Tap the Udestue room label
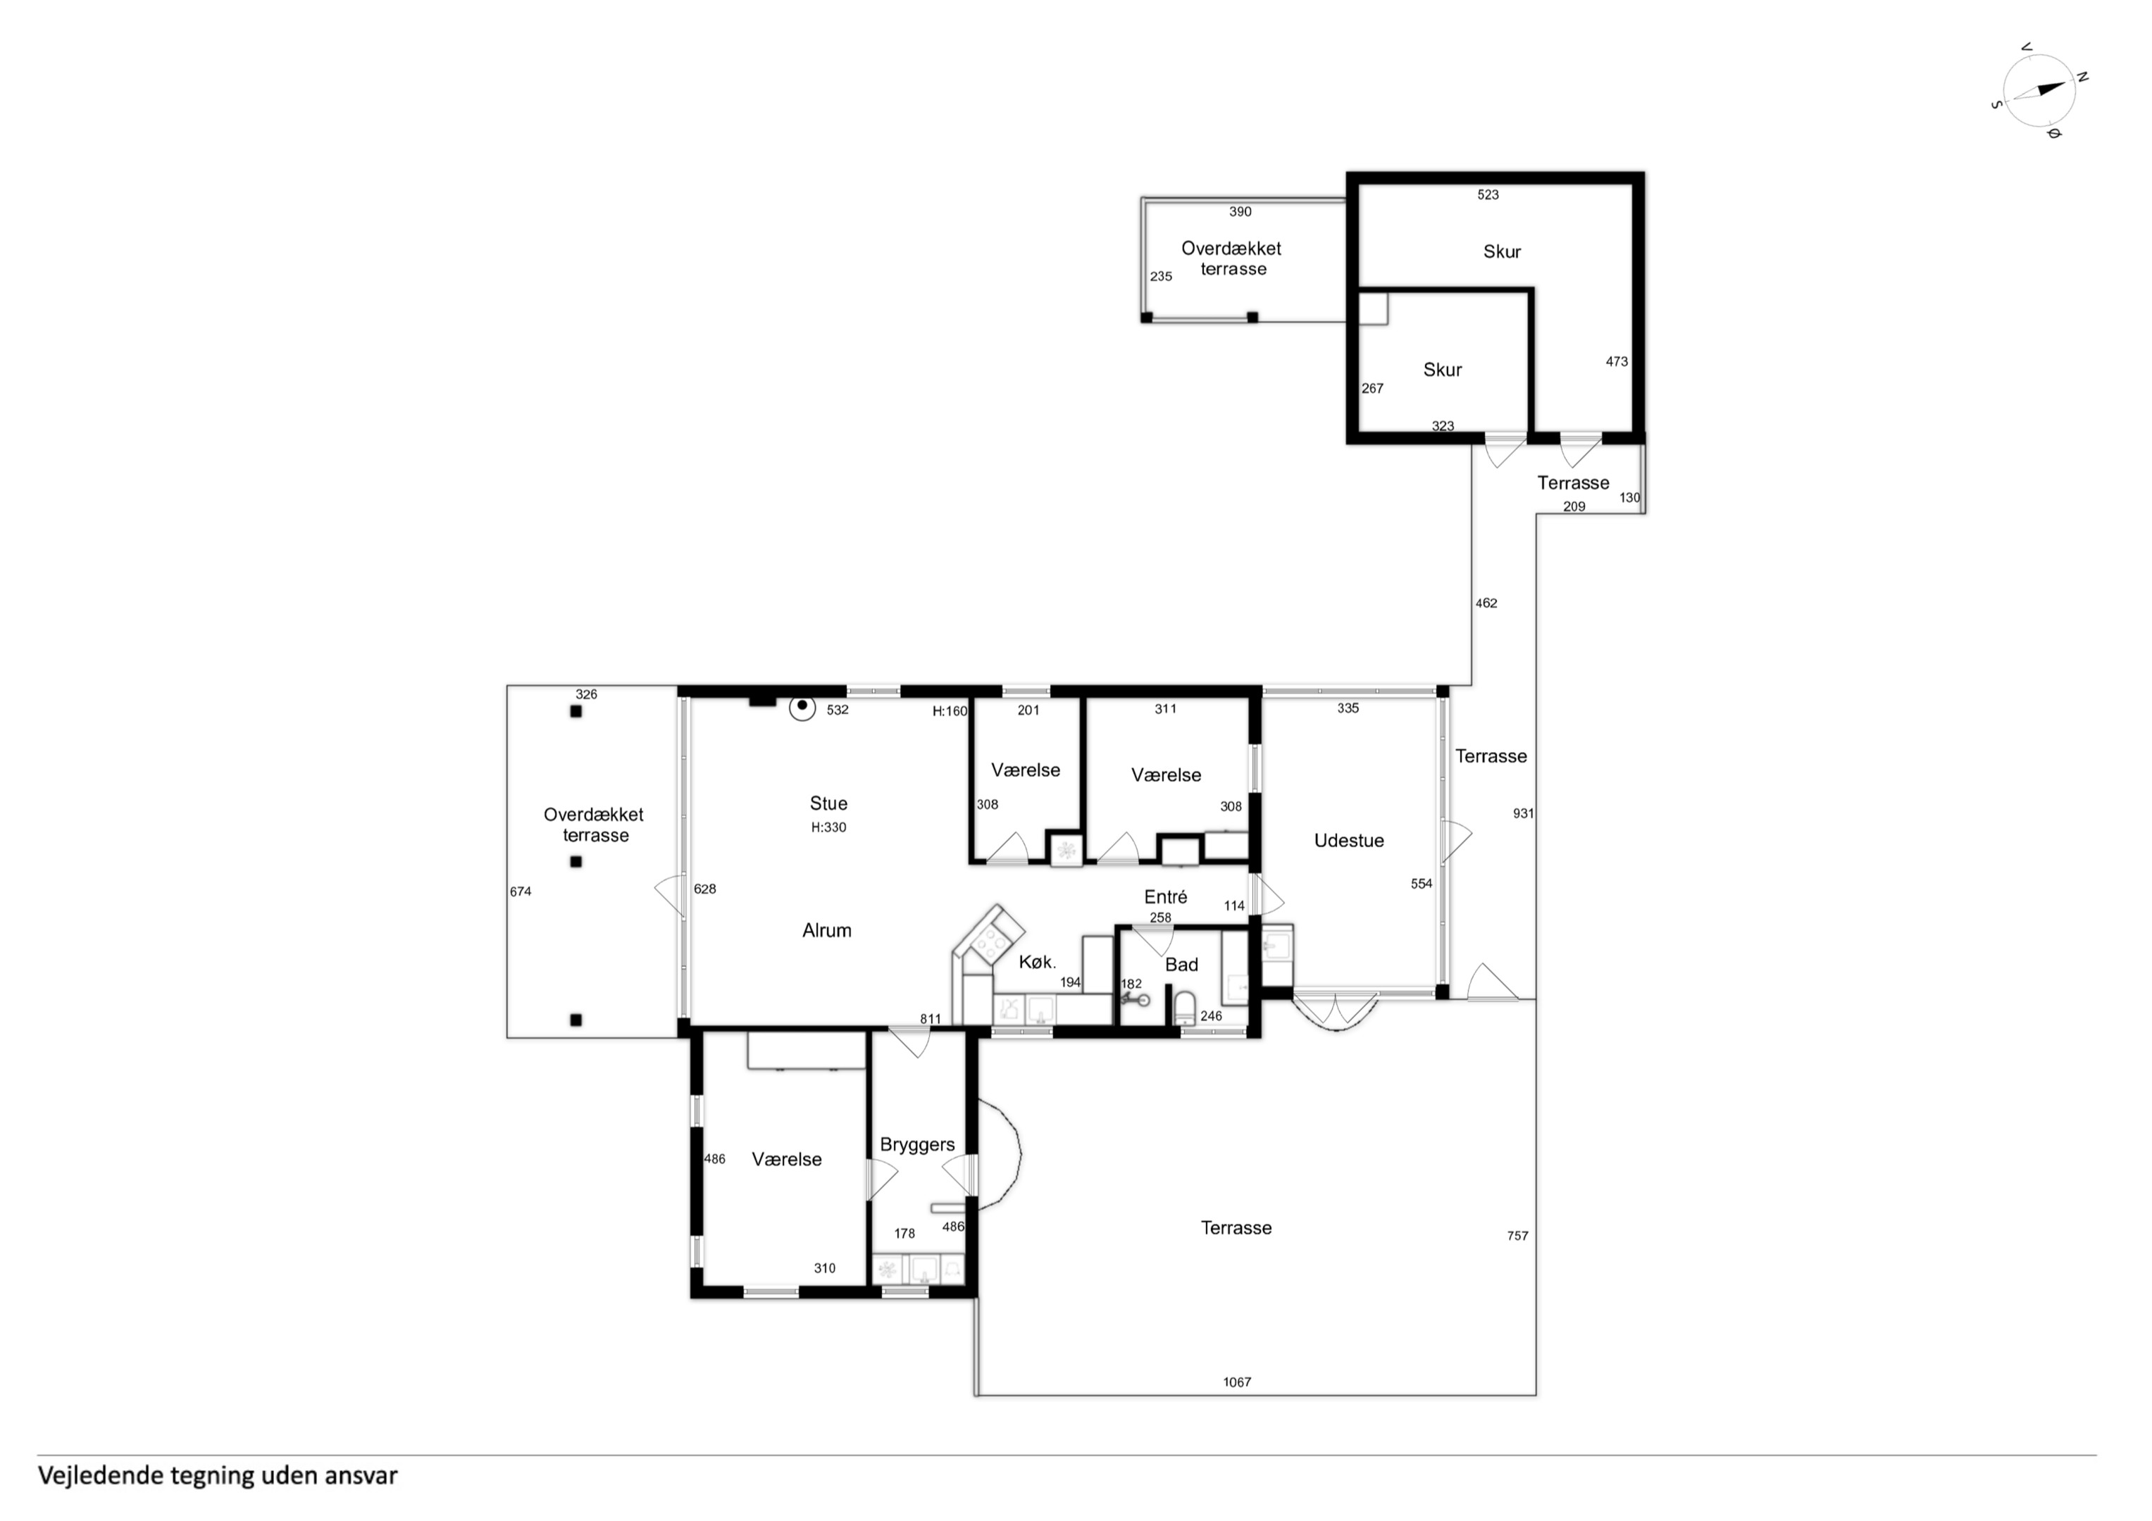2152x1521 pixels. (x=1349, y=841)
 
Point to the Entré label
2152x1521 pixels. (x=1165, y=897)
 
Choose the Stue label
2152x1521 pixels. (x=828, y=803)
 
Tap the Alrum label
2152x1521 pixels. (x=827, y=931)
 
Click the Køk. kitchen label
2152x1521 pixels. (x=1038, y=961)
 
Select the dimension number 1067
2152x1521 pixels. (x=1237, y=1382)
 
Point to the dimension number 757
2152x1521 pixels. (x=1517, y=1236)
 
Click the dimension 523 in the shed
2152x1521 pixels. (x=1488, y=195)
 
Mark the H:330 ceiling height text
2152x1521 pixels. (x=828, y=827)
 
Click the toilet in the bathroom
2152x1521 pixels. (x=1185, y=1008)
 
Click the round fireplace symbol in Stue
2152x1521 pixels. (x=802, y=708)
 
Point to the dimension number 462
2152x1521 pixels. (x=1486, y=603)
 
